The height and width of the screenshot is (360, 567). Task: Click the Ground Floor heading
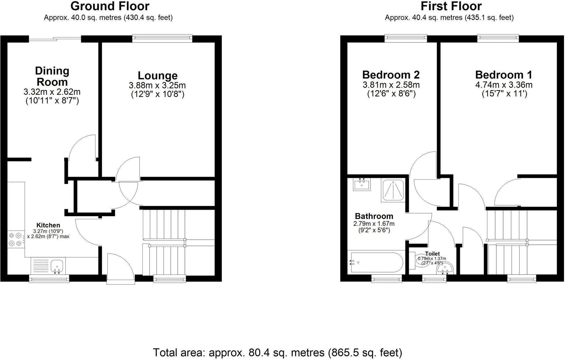[x=110, y=6]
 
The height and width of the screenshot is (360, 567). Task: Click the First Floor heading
[x=451, y=6]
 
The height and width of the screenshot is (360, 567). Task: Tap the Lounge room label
[x=158, y=75]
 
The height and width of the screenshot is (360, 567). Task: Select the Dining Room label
[x=52, y=76]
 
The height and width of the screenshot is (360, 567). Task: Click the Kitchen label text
[x=48, y=225]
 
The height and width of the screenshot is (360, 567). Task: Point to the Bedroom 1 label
[x=504, y=75]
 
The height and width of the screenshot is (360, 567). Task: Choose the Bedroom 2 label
[x=391, y=75]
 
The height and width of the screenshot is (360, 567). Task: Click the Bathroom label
[x=374, y=216]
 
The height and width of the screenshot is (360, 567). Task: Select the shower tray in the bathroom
[x=393, y=190]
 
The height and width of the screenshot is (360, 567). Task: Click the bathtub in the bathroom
[x=376, y=262]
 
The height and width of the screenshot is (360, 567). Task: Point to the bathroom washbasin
[x=362, y=184]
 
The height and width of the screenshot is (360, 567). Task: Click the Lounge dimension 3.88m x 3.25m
[x=157, y=85]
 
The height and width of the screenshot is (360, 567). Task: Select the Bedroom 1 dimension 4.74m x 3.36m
[x=504, y=85]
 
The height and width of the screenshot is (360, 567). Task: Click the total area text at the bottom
[x=277, y=353]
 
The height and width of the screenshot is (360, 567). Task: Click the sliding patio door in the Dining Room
[x=55, y=39]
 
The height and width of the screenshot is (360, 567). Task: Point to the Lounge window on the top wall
[x=162, y=38]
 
